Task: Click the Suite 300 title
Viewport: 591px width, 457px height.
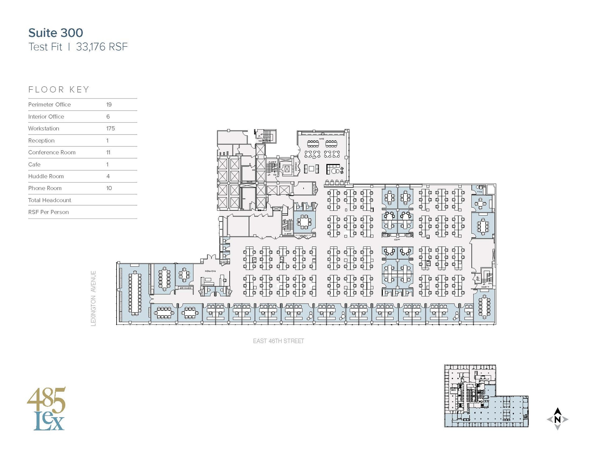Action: coord(55,33)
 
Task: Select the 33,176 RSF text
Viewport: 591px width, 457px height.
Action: coord(102,47)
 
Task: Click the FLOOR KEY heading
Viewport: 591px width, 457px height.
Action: coord(59,89)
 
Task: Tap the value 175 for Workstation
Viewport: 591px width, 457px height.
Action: coord(111,128)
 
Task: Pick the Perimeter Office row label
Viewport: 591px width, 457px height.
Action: coord(49,105)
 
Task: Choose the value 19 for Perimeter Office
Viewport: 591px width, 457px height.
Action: coord(109,105)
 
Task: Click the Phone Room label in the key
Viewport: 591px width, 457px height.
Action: coord(45,188)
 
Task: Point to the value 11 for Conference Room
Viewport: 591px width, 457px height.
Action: coord(108,152)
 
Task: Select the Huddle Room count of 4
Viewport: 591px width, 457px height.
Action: coord(108,176)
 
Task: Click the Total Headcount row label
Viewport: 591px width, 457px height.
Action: coord(49,200)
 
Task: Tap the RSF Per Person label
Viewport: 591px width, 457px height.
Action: coord(48,212)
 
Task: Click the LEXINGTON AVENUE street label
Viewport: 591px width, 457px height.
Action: coord(93,298)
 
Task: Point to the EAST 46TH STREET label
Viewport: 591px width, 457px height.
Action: coord(278,341)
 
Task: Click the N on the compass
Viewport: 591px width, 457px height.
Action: coord(557,419)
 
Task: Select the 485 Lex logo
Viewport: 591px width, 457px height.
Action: coord(47,409)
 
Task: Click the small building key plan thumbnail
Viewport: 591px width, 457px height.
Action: coord(486,396)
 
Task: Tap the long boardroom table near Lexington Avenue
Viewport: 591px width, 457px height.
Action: coord(135,293)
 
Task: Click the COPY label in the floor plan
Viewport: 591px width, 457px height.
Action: coord(397,240)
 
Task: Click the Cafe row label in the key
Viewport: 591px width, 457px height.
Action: coord(34,165)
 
